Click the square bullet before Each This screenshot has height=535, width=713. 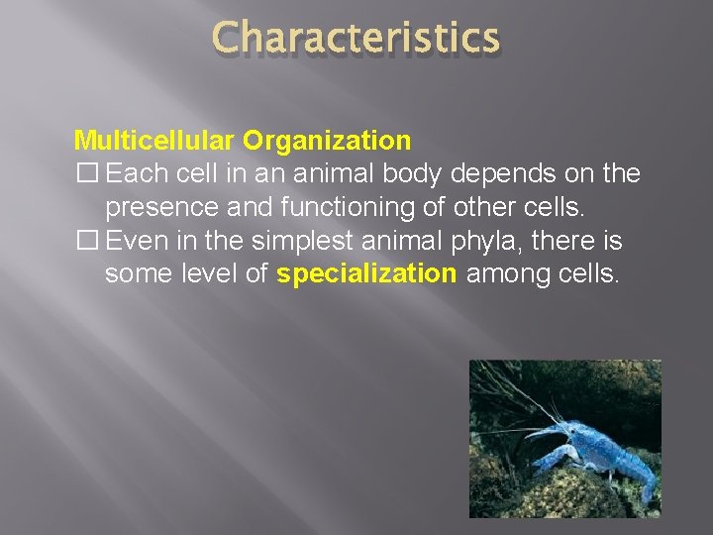click(85, 174)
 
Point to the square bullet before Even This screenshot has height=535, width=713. click(85, 241)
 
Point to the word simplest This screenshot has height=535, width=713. click(308, 241)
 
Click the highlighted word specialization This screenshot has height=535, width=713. click(366, 274)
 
